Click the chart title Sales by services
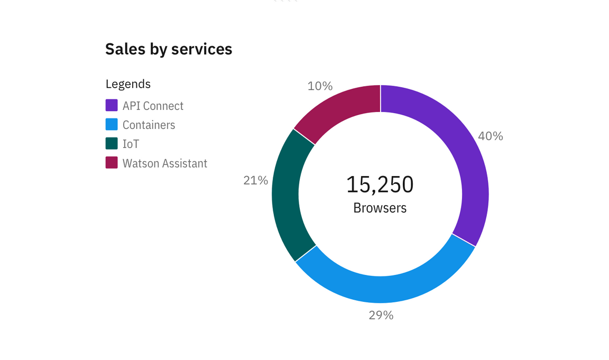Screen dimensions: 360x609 pyautogui.click(x=169, y=49)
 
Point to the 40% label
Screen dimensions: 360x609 pyautogui.click(x=490, y=136)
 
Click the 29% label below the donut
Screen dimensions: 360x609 pyautogui.click(x=381, y=316)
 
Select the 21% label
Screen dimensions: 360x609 pyautogui.click(x=255, y=181)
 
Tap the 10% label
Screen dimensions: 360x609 pyautogui.click(x=320, y=86)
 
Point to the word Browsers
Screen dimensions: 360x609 pyautogui.click(x=380, y=208)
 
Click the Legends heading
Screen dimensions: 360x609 pyautogui.click(x=128, y=84)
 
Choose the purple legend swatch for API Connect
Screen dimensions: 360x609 pyautogui.click(x=112, y=105)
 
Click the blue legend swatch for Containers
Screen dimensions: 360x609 pyautogui.click(x=112, y=125)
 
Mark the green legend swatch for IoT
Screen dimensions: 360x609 pyautogui.click(x=112, y=144)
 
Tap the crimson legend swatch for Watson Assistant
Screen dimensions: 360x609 pyautogui.click(x=112, y=163)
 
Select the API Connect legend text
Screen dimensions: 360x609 pyautogui.click(x=153, y=106)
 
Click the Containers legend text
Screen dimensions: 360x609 pyautogui.click(x=149, y=125)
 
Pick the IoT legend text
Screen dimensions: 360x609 pyautogui.click(x=131, y=144)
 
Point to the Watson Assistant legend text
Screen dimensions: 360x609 pyautogui.click(x=165, y=163)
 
